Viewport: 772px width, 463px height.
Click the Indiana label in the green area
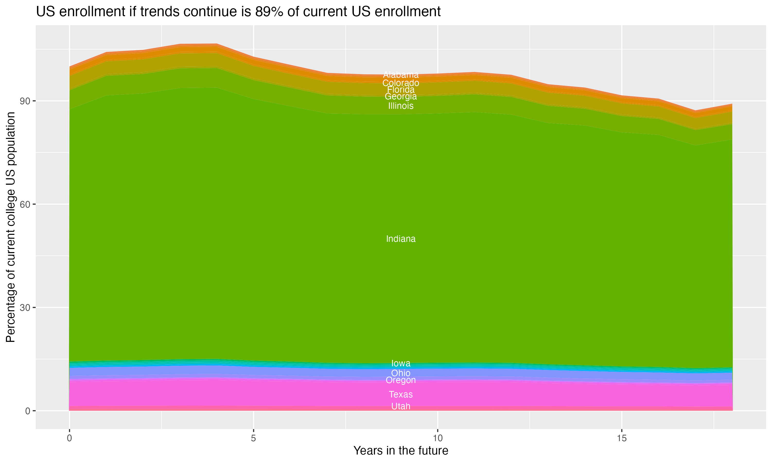click(401, 239)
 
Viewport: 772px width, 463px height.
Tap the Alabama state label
click(401, 75)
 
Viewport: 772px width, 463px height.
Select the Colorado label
click(401, 83)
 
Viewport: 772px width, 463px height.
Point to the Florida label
click(401, 90)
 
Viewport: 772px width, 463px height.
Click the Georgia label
click(401, 96)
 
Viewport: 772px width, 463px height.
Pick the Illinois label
click(401, 106)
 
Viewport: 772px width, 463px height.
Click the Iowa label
click(401, 363)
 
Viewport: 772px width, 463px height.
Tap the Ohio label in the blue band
click(401, 373)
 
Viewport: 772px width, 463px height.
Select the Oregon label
click(401, 380)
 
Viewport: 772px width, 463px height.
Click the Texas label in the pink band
click(401, 394)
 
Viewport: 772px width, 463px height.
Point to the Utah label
click(401, 406)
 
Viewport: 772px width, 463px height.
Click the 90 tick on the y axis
click(25, 101)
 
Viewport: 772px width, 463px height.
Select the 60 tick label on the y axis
click(25, 204)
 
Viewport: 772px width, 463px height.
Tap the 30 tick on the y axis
click(25, 308)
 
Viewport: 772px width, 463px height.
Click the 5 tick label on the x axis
click(253, 438)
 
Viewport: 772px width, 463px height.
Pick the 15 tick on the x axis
click(622, 438)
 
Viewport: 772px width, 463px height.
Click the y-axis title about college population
click(11, 227)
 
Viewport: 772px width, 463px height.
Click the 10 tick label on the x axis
click(437, 438)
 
